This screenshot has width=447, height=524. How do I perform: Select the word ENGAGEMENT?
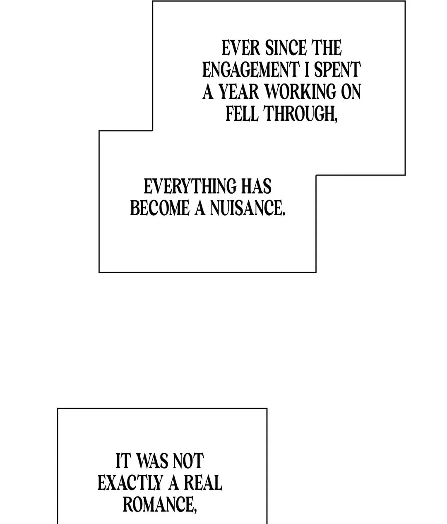[x=250, y=70]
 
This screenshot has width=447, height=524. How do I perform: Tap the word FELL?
[x=242, y=113]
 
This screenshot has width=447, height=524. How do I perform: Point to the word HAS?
[x=256, y=187]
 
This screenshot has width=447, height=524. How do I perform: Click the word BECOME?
[x=160, y=208]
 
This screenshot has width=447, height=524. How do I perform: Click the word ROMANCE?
[x=157, y=505]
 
